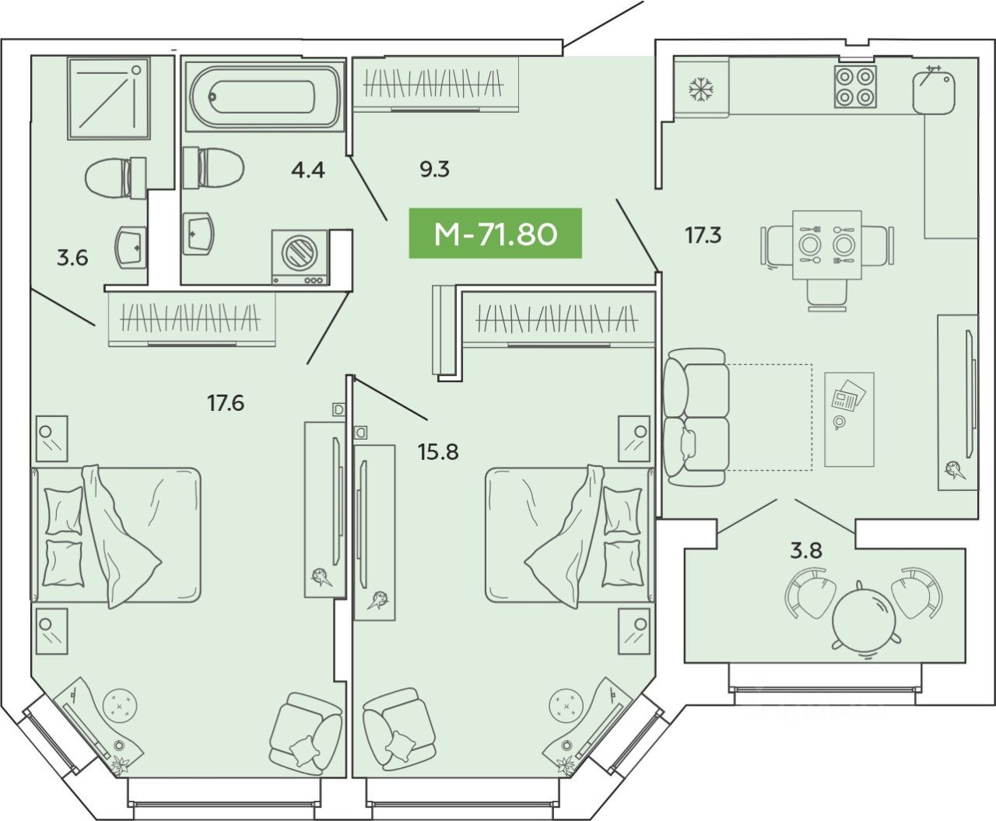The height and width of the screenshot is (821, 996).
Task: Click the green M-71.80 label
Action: coord(496,233)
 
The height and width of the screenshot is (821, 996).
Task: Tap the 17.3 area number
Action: coord(703,235)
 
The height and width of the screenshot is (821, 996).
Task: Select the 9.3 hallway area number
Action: coord(434,169)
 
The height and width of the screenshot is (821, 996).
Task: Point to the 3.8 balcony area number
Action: coord(806,551)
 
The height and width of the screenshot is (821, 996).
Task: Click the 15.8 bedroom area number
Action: coord(438,451)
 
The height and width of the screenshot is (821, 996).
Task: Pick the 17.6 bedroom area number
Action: coord(226,403)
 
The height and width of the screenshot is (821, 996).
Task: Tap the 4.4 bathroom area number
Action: coord(307,169)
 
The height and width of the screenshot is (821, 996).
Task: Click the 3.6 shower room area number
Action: coord(72,257)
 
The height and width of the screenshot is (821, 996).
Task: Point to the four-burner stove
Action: coord(855,86)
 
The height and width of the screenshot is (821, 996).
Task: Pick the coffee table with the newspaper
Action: coord(848,419)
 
